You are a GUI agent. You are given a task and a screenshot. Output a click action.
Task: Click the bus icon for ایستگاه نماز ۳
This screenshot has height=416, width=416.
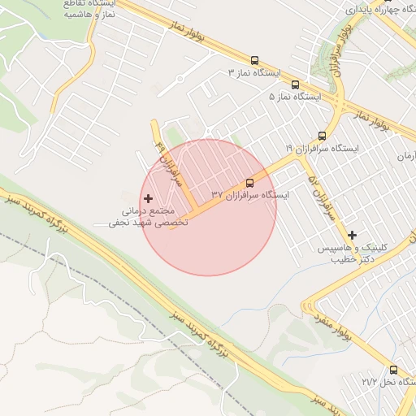255,60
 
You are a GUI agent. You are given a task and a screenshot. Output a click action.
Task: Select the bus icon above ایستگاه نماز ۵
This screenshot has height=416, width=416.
294,84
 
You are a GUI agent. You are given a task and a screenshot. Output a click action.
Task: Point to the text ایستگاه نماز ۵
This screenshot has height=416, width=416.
295,96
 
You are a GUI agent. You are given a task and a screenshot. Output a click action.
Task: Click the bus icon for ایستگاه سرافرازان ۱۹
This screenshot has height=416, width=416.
322,136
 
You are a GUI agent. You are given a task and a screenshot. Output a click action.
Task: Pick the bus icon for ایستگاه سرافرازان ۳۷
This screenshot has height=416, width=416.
249,183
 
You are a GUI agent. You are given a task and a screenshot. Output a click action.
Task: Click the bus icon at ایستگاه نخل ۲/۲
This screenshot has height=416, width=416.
394,369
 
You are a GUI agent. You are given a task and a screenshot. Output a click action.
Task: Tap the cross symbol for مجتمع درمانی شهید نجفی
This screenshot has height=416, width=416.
148,198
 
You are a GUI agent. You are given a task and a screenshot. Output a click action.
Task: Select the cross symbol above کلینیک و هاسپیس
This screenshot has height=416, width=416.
353,235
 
